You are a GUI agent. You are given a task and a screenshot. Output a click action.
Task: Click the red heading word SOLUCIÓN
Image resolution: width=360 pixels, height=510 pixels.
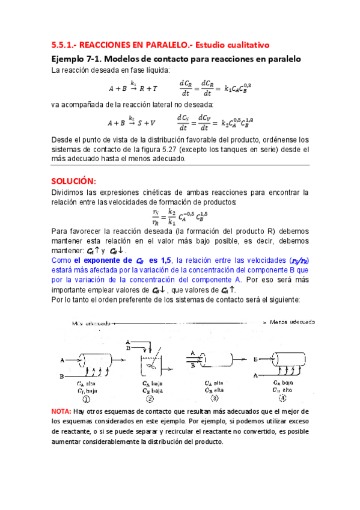point(73,181)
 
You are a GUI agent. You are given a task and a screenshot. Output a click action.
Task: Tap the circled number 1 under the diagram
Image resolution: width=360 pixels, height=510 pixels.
point(87,398)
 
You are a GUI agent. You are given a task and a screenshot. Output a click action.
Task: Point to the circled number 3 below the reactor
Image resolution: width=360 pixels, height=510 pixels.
point(215,398)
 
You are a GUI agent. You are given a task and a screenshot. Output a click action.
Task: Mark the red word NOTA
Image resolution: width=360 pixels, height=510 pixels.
point(61,411)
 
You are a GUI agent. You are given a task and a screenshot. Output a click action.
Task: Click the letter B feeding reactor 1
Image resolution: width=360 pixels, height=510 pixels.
point(63,376)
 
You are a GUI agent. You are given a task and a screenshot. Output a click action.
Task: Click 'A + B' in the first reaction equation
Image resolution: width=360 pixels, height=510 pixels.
point(118,88)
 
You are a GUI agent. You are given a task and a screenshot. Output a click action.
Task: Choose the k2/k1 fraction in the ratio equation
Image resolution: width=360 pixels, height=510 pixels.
point(172,216)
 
